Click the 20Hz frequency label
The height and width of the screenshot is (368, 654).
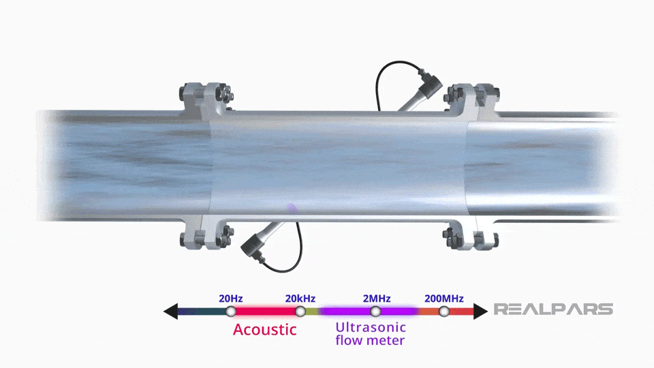pos(230,298)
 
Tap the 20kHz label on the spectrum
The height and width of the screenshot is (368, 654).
pos(300,298)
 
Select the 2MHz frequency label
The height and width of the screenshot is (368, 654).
pos(376,298)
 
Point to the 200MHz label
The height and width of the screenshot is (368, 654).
pos(443,298)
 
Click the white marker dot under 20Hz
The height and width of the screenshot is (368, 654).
pos(231,311)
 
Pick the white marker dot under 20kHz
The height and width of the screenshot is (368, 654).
pos(300,311)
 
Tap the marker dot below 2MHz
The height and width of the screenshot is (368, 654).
pos(375,311)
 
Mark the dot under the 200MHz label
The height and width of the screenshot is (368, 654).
pos(444,311)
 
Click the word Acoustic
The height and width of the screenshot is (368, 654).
pos(264,330)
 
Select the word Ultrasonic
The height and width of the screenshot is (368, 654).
pos(371,327)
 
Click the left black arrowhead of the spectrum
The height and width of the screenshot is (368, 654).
pos(170,311)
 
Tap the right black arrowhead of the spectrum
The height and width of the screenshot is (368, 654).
pos(481,311)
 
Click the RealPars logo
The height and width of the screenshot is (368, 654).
pos(552,309)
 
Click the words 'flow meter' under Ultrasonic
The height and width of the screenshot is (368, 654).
pos(370,340)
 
